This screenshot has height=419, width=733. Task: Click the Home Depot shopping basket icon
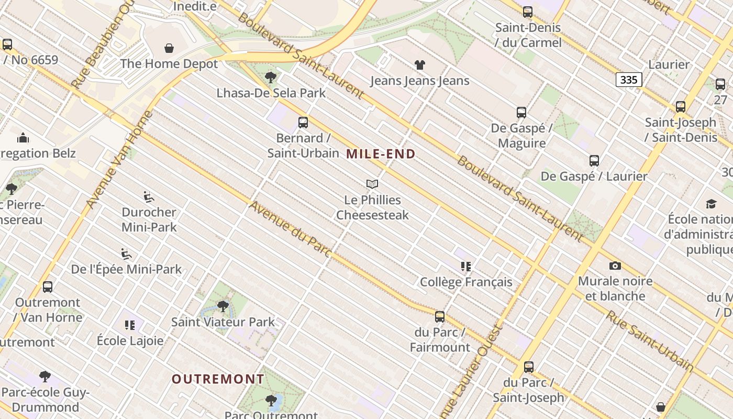(169, 49)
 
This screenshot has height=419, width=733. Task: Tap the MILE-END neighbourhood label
(381, 154)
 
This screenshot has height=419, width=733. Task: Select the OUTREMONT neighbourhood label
(218, 379)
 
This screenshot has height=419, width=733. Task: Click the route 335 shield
(628, 80)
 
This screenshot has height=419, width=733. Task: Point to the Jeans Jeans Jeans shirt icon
(420, 65)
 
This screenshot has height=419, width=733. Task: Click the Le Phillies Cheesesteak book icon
(372, 184)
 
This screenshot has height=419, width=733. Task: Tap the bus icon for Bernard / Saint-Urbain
(303, 123)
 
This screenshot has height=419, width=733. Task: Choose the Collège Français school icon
(466, 267)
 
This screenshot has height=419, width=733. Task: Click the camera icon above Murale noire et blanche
(615, 266)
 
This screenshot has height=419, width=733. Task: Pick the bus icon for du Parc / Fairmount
(440, 316)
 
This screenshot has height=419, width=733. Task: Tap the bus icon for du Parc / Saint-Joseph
(529, 367)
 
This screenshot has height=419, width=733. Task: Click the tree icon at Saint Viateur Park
(223, 306)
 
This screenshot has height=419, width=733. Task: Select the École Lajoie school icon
(130, 325)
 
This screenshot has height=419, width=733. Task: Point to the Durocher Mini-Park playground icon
(149, 197)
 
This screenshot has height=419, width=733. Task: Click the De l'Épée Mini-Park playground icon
(126, 254)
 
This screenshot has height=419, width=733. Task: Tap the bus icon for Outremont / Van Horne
(48, 287)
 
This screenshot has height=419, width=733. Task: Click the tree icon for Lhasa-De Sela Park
(271, 78)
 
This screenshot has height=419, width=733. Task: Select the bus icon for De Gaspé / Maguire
(521, 112)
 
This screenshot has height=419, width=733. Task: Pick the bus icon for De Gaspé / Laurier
(594, 160)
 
